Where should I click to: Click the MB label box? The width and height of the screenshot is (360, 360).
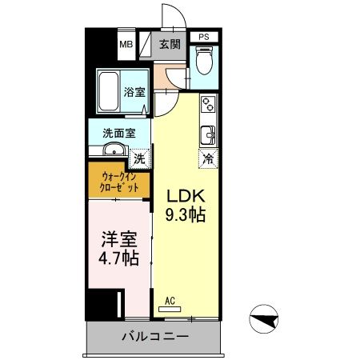pyautogui.click(x=126, y=43)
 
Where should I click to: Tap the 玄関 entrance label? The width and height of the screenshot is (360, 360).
pyautogui.click(x=169, y=43)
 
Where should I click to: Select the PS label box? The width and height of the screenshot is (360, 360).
pyautogui.click(x=204, y=36)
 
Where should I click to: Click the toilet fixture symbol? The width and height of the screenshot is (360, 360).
pyautogui.click(x=204, y=61)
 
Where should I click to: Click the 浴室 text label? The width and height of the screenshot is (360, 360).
pyautogui.click(x=135, y=93)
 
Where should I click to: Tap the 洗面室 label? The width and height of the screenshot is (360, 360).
pyautogui.click(x=117, y=133)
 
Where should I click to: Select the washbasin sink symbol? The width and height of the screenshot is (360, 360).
pyautogui.click(x=112, y=150)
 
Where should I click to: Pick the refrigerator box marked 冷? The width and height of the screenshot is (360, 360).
pyautogui.click(x=208, y=158)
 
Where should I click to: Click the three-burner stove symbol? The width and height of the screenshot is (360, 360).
pyautogui.click(x=208, y=104)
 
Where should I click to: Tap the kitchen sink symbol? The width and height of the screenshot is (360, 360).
pyautogui.click(x=208, y=134)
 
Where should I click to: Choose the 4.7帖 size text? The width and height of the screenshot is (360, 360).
pyautogui.click(x=119, y=258)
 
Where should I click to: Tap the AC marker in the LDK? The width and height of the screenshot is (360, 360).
pyautogui.click(x=169, y=302)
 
